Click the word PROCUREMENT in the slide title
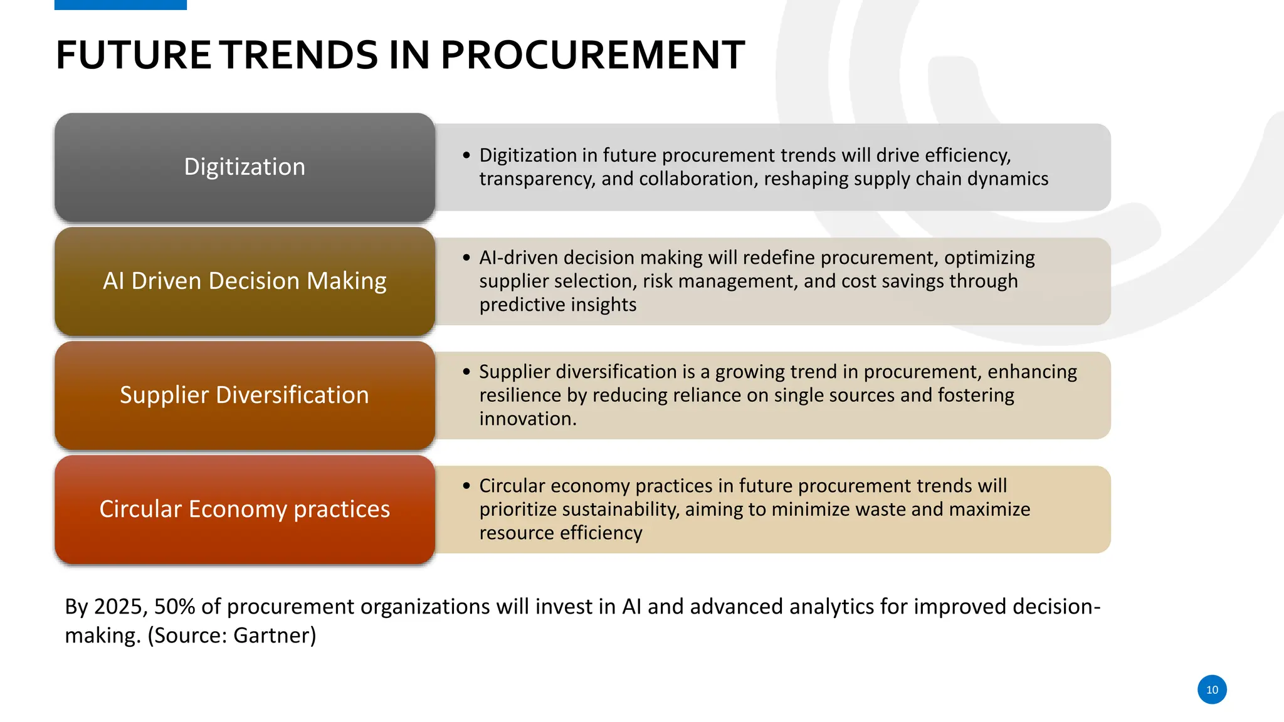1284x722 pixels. pos(592,55)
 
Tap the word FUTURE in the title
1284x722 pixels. pos(134,55)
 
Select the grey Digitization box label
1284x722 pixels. pos(245,167)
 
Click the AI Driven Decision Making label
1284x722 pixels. pos(245,281)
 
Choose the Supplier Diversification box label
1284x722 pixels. pos(245,395)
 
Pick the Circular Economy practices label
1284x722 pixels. pos(245,509)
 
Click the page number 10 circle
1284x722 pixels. pos(1211,689)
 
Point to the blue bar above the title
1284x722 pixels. pos(120,4)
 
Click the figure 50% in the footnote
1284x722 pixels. pos(174,607)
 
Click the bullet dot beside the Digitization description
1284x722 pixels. pos(466,155)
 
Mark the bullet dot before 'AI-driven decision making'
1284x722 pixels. pos(466,257)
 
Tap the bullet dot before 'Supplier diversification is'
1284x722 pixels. pos(466,371)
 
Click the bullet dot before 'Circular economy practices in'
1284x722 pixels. pos(466,485)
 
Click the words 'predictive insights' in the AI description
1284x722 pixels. pos(557,305)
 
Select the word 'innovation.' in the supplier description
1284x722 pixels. pos(527,419)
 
